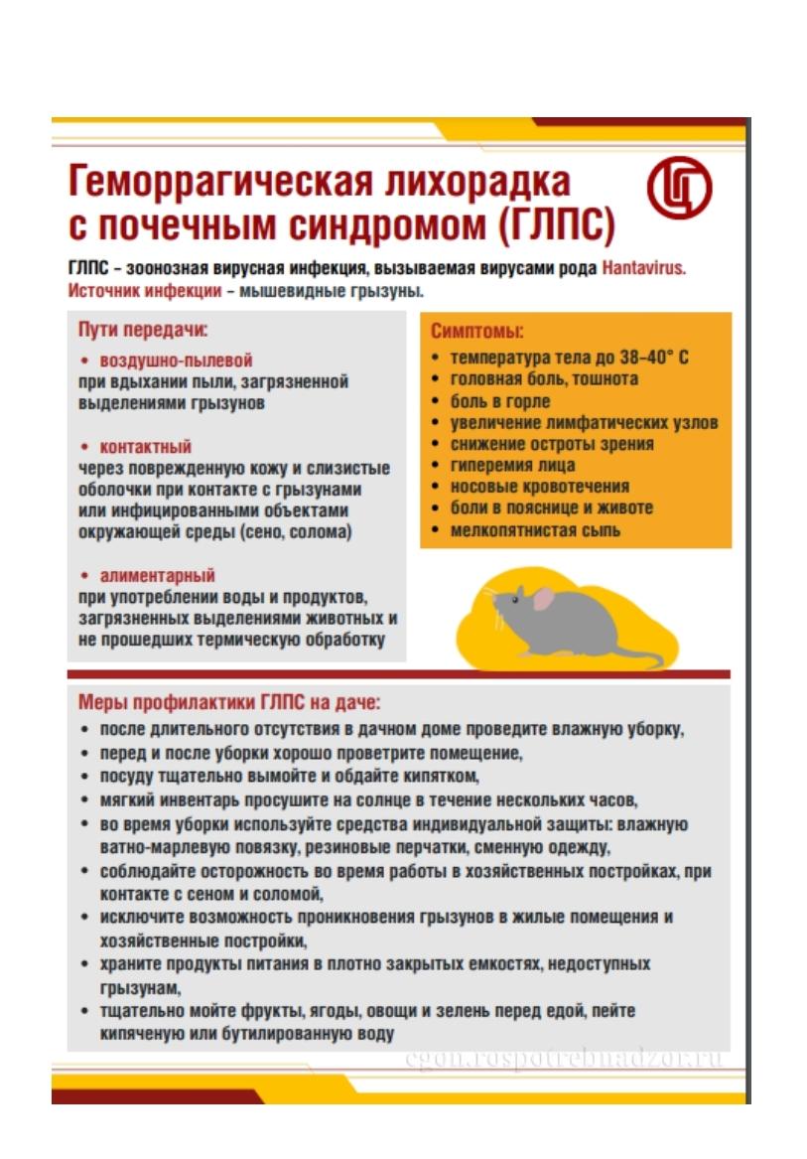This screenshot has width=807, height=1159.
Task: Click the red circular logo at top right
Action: tap(680, 191)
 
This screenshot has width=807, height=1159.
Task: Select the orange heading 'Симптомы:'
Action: tap(476, 332)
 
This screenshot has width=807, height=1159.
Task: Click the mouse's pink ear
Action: tap(543, 598)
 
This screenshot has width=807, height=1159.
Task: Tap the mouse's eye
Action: tap(520, 597)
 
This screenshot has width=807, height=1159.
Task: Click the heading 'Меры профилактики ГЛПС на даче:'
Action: tap(229, 703)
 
